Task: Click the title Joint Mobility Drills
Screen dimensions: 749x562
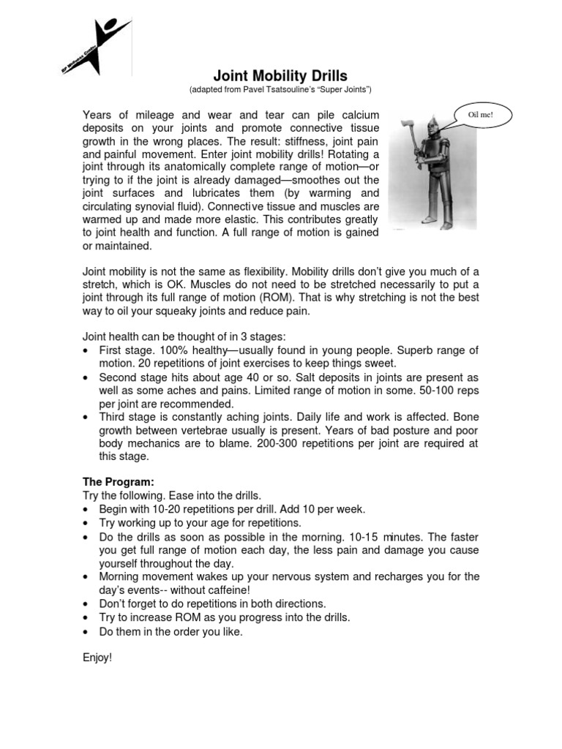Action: (280, 75)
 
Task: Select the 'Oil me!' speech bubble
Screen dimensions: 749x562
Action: (483, 115)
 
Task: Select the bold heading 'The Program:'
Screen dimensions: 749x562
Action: (118, 482)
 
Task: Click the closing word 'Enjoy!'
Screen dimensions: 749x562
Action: (97, 658)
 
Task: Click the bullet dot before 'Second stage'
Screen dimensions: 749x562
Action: (87, 377)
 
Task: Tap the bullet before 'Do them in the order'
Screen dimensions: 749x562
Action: (87, 631)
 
